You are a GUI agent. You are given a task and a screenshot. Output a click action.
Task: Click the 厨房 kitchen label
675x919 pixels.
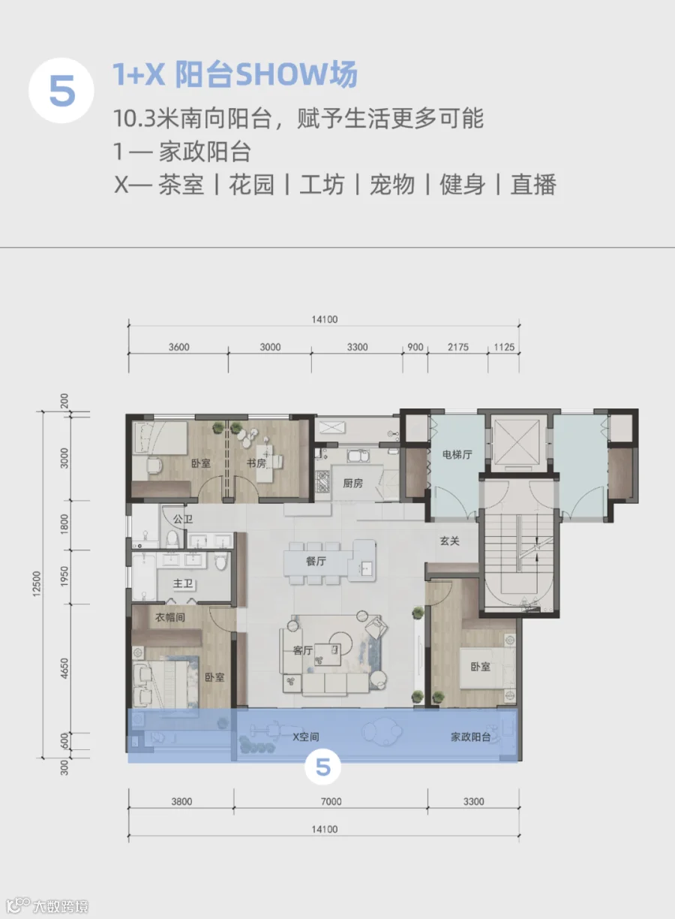point(352,484)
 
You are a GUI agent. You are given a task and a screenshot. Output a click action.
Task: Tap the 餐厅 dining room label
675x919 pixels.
point(316,561)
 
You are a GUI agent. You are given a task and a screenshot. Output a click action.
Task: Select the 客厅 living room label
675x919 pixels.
point(303,650)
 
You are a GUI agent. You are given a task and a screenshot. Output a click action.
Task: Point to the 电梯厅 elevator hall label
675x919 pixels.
point(457,454)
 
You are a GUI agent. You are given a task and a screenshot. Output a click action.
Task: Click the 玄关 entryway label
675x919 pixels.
point(449,541)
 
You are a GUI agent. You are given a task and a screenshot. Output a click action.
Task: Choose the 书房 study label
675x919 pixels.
point(256,463)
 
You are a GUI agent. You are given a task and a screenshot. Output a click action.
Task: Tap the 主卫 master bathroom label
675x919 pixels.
point(183,583)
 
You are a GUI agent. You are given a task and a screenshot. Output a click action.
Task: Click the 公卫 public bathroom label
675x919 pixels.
point(183,520)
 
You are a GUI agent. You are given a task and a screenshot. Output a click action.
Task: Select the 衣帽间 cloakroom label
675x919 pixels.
point(169,617)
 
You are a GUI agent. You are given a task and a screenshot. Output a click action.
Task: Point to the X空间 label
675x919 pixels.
point(306,737)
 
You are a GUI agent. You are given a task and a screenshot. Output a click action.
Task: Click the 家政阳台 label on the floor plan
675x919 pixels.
point(470,737)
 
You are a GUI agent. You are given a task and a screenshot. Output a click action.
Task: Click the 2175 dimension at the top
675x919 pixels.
point(457,347)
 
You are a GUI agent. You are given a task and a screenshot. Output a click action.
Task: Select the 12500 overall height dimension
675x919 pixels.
point(37,584)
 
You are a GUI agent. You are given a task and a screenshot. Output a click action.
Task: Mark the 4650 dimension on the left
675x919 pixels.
point(64,668)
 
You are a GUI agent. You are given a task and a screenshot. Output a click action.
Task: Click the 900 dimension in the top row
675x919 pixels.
point(415,347)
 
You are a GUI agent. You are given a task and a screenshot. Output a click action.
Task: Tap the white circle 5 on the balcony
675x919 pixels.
point(323,767)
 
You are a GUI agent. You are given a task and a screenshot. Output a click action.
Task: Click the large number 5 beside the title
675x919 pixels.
point(62,91)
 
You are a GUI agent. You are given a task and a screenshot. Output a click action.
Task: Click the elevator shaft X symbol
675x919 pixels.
point(516,442)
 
